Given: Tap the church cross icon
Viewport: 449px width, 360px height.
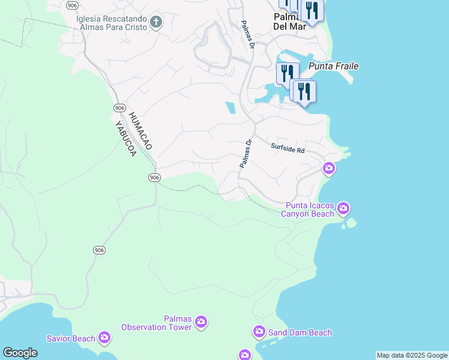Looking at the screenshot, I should [x=156, y=23].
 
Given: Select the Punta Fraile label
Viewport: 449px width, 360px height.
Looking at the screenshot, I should [x=333, y=66].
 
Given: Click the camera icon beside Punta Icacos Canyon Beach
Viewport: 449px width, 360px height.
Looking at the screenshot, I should [x=343, y=209].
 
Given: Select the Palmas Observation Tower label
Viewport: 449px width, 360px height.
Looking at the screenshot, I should [x=157, y=323].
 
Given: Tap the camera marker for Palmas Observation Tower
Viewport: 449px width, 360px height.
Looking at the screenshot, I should [x=200, y=323].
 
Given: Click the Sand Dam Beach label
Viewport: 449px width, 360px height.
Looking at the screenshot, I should [x=300, y=332].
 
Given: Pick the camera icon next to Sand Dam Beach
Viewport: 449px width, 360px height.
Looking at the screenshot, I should [x=259, y=331].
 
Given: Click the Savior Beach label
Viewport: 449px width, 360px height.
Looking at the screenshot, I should [x=71, y=338].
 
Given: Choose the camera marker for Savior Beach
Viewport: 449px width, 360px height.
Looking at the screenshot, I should [x=104, y=338].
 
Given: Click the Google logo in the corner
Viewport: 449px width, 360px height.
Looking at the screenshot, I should [x=20, y=353].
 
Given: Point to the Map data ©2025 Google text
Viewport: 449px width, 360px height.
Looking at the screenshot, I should [x=412, y=355].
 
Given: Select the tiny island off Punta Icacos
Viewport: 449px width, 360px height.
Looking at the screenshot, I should [x=350, y=223].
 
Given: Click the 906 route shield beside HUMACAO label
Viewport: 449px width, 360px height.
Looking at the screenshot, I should [x=118, y=106].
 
